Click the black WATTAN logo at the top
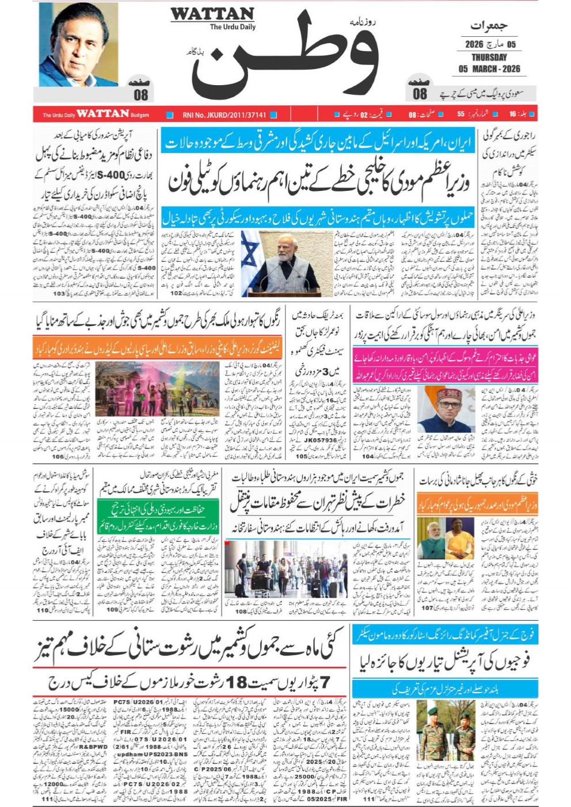[x=212, y=14]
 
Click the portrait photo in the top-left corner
[x=78, y=44]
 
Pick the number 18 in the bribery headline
[x=237, y=683]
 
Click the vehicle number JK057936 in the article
[x=320, y=440]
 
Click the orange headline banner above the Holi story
[x=158, y=349]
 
